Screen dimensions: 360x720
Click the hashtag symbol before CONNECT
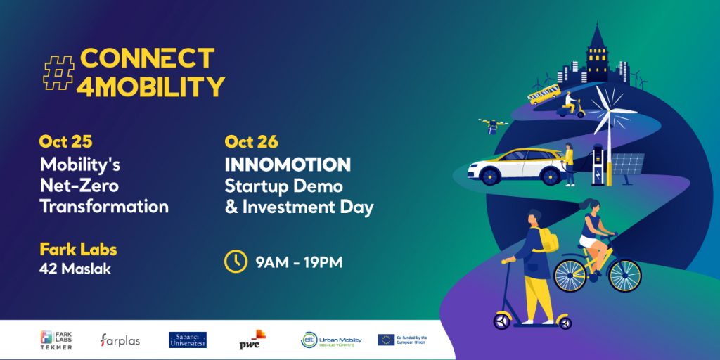[59, 72]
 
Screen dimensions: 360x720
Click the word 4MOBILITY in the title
[153, 86]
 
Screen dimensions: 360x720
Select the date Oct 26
[251, 141]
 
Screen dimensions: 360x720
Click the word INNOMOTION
[288, 165]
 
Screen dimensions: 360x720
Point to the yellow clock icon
[236, 262]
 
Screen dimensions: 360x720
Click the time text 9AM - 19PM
[299, 262]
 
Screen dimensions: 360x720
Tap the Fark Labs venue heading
[78, 250]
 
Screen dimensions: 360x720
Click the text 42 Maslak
[75, 269]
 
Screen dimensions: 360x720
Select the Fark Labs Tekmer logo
[56, 340]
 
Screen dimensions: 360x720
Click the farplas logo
[120, 340]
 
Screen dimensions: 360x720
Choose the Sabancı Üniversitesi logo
[188, 340]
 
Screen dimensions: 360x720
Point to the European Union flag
[386, 340]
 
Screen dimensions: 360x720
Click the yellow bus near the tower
[544, 94]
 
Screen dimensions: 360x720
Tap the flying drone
[494, 125]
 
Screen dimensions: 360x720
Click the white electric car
[517, 165]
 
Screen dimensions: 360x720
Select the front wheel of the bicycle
[624, 275]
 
